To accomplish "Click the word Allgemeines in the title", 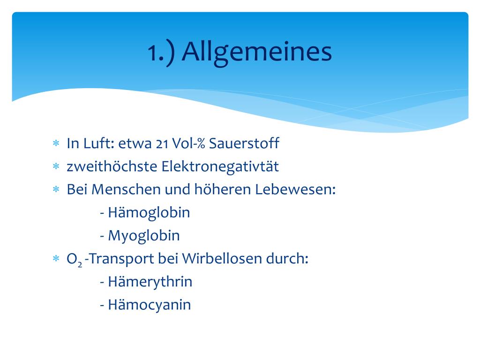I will (x=257, y=52).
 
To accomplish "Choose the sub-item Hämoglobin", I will (x=149, y=212).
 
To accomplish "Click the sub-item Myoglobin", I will (x=143, y=235).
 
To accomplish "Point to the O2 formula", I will (x=75, y=259).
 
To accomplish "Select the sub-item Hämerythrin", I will (x=150, y=282).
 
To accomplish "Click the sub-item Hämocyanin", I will (x=149, y=305).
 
